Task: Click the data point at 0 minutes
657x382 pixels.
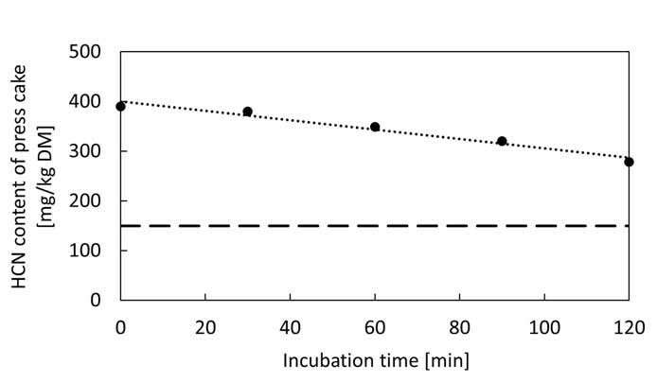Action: tap(120, 106)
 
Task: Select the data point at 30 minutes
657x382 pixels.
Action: tap(248, 112)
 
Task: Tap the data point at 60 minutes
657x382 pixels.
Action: tap(375, 127)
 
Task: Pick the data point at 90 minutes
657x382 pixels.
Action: tap(502, 141)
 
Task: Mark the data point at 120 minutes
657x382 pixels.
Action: tap(629, 162)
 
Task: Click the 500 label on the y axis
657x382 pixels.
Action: tap(85, 52)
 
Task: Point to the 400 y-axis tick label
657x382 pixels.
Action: tap(85, 101)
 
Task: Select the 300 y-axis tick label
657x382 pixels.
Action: tap(85, 151)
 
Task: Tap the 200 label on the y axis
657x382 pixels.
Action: tap(85, 200)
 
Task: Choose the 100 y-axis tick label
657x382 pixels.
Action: tap(85, 251)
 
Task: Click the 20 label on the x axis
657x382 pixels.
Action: tap(205, 327)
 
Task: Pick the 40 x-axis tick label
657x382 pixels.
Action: tap(290, 327)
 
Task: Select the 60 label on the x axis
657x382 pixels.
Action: tap(375, 327)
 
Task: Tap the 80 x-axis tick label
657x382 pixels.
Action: tap(460, 327)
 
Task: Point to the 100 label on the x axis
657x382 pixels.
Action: tap(544, 327)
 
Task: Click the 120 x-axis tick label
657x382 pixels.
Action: tap(629, 327)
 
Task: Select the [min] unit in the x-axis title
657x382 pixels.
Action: tap(447, 361)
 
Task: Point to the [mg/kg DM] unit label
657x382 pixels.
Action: tap(46, 176)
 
